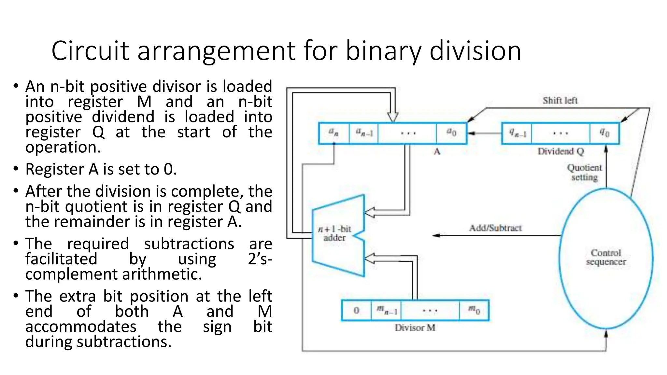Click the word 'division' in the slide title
475,51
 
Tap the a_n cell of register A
333,133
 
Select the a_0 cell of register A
451,133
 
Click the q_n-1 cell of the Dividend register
517,133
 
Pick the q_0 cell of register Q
604,133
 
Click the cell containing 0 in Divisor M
357,311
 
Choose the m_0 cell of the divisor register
474,311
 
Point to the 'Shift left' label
560,101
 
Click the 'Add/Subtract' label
495,228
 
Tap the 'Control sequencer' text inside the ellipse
606,257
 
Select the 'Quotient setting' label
585,173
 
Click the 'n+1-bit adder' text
334,233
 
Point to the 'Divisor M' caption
415,328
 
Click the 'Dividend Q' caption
561,151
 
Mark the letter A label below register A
437,151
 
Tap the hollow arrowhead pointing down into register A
393,117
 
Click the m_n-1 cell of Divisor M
386,311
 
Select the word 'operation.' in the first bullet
63,147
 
